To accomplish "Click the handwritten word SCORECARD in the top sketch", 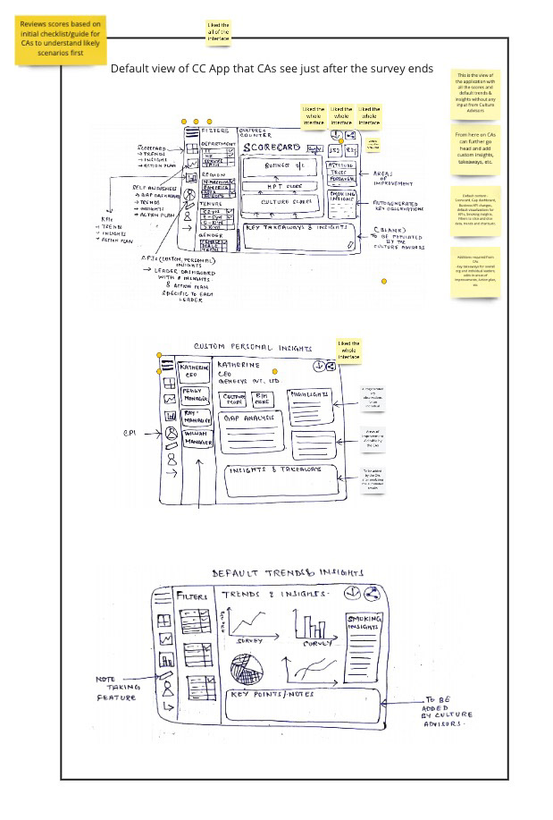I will tap(272, 147).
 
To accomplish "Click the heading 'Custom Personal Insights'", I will tap(253, 347).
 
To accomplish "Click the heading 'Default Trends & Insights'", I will tap(288, 572).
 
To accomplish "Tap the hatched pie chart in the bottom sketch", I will tap(247, 669).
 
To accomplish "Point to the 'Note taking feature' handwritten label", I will tap(117, 689).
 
